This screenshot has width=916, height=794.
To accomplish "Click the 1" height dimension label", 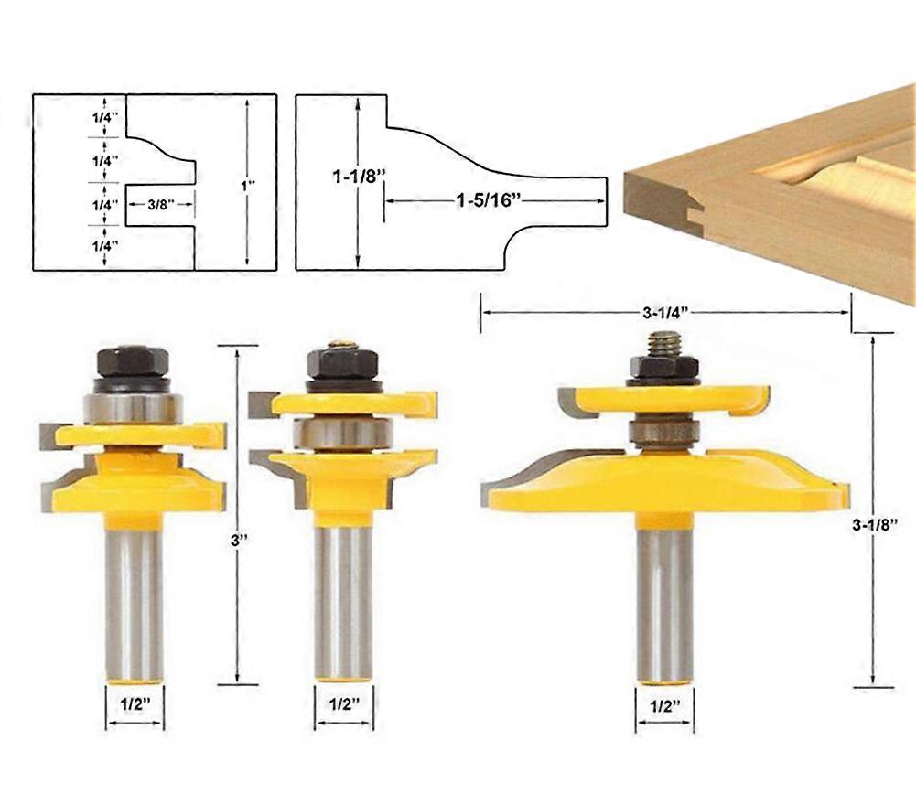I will (247, 185).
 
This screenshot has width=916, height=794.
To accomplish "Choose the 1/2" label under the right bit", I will (665, 705).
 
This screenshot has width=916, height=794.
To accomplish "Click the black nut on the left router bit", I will (133, 360).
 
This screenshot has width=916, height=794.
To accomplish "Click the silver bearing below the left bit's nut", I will (133, 406).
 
